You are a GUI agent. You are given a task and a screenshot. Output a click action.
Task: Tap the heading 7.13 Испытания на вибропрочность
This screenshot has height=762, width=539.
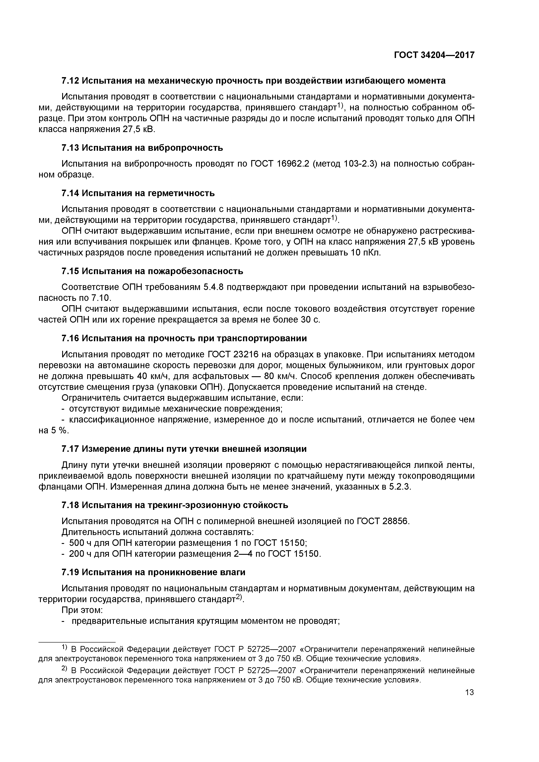point(142,148)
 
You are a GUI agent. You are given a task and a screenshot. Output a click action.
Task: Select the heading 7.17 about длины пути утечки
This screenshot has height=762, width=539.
point(184,449)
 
